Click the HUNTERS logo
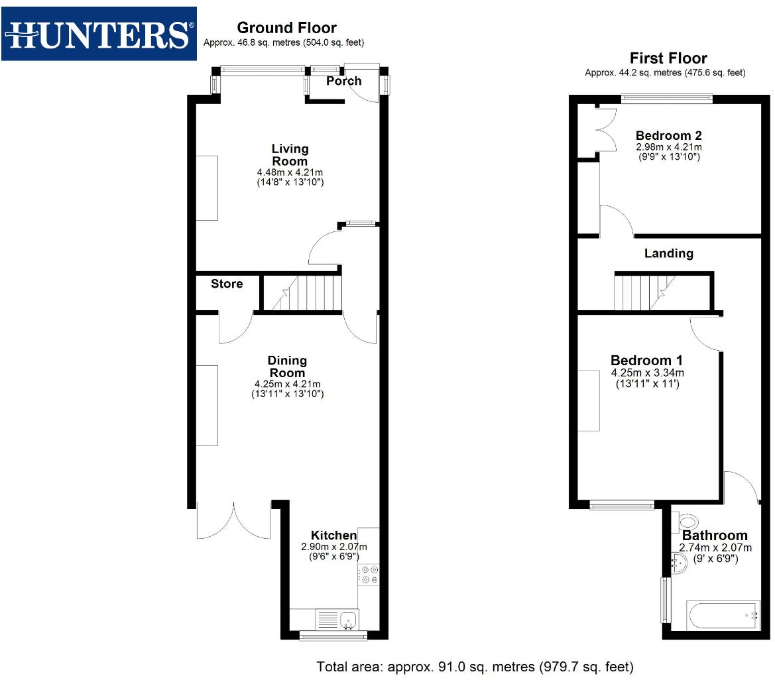[99, 34]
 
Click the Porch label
[344, 81]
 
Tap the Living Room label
[290, 155]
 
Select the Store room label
[227, 284]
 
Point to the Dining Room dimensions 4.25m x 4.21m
[287, 384]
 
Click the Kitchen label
[334, 536]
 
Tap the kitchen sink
[348, 620]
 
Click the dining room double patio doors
[233, 520]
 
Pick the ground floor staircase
[302, 294]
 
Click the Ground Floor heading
[286, 28]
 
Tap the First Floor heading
[668, 58]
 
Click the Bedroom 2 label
[668, 136]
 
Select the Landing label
[668, 253]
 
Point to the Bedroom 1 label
[647, 361]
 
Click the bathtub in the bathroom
[723, 616]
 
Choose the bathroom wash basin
[677, 564]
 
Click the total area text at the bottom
[475, 667]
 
